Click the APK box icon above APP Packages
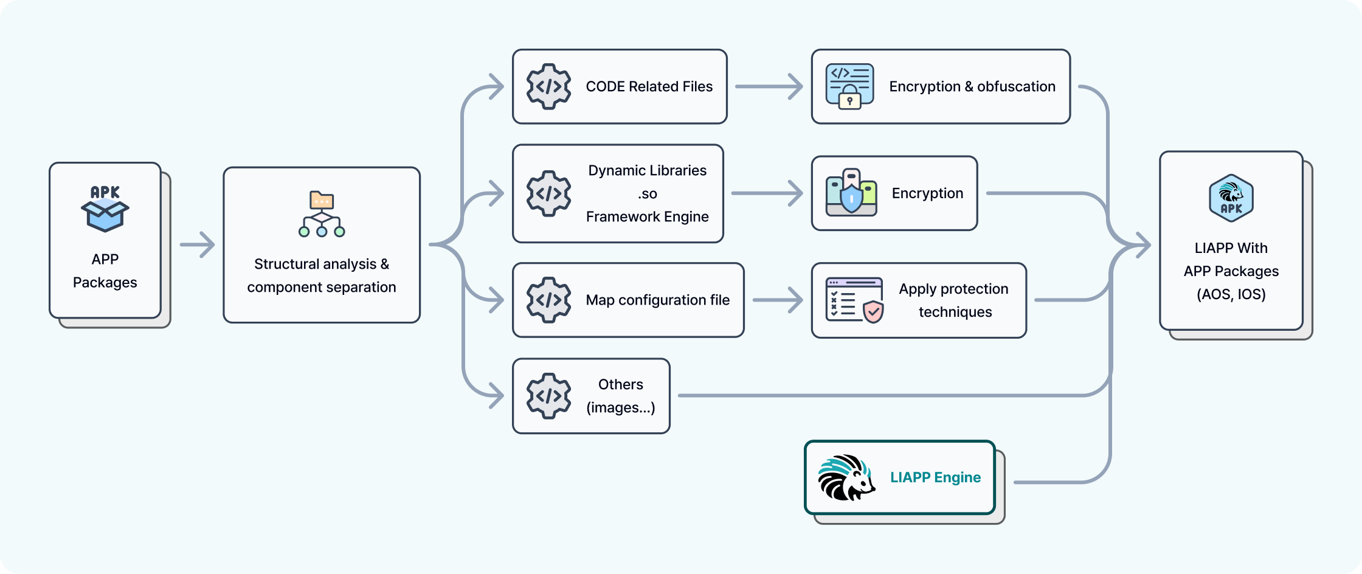point(105,209)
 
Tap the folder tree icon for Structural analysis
point(322,214)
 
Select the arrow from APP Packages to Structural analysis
point(198,244)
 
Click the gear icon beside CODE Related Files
point(548,86)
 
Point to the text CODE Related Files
point(649,86)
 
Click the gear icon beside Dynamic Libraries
point(548,193)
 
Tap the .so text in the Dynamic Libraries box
point(648,194)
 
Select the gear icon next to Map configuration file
point(548,300)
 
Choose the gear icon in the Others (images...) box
point(548,396)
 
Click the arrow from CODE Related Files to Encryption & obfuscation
point(769,86)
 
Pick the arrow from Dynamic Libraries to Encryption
point(767,193)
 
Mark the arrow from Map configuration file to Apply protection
point(778,300)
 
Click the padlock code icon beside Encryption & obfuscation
point(849,86)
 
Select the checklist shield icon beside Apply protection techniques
point(854,300)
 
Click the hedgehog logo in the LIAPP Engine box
point(846,478)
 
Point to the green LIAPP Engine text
point(935,477)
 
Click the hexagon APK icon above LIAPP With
point(1231,198)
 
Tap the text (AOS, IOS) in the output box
point(1231,294)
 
